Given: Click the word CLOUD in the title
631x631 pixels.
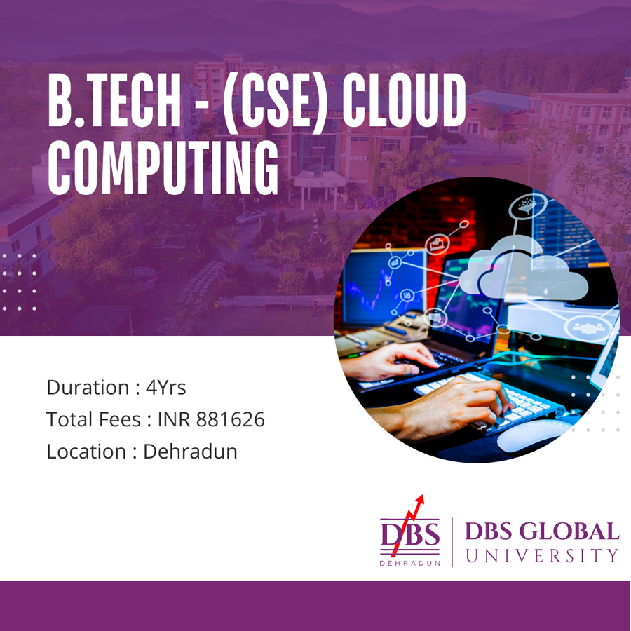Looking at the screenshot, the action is (404, 100).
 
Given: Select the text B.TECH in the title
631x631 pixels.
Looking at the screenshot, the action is (114, 100).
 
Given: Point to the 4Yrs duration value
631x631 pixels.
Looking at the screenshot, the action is (165, 387).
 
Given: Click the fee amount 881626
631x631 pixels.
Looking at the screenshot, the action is (230, 419).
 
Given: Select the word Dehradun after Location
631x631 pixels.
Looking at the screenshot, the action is (190, 451).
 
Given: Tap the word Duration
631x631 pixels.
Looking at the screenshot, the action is (88, 387).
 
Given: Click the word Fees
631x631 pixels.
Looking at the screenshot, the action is (120, 419).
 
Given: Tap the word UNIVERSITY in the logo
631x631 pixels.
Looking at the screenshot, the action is (542, 556).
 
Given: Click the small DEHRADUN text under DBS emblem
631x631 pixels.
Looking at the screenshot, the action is (409, 564).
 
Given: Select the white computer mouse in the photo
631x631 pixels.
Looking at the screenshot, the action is (531, 437).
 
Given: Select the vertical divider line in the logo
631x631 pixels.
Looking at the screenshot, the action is (452, 542).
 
